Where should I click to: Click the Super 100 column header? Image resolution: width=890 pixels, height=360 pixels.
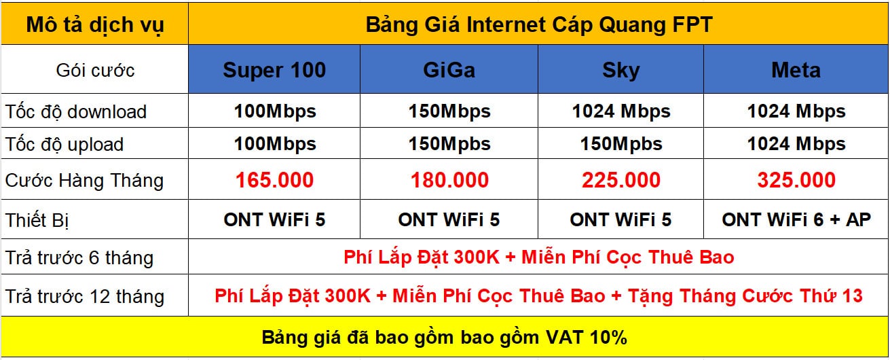(x=274, y=70)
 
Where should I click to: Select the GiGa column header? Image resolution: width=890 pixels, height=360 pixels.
(x=449, y=70)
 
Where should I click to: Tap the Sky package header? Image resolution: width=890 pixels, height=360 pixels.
(x=621, y=71)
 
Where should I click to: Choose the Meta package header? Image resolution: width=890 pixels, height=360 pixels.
(x=796, y=70)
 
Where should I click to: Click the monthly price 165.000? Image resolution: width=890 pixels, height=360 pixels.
(x=274, y=180)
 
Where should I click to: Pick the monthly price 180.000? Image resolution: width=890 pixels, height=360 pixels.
(x=449, y=180)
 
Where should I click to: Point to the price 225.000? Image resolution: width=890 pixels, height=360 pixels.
(x=621, y=180)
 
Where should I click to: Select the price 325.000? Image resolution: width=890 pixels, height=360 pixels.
(x=796, y=180)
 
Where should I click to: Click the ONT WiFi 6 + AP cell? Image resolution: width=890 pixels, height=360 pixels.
(x=796, y=219)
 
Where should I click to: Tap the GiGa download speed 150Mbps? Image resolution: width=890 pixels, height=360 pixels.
(x=449, y=111)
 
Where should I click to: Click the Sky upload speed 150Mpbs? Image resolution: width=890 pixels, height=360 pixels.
(x=621, y=144)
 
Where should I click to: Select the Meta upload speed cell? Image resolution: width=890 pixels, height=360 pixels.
(x=796, y=144)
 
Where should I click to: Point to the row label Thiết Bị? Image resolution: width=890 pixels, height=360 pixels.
(x=37, y=221)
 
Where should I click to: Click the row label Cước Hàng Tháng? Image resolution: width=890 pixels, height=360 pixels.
(x=84, y=181)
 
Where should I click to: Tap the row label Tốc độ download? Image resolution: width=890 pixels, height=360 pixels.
(x=76, y=111)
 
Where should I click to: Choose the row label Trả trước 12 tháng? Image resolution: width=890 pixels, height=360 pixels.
(x=85, y=297)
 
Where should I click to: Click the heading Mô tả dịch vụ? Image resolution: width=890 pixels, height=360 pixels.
(x=95, y=24)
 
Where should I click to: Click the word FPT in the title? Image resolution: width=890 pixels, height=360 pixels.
(x=693, y=24)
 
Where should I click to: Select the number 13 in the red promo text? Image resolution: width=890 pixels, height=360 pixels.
(x=851, y=296)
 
